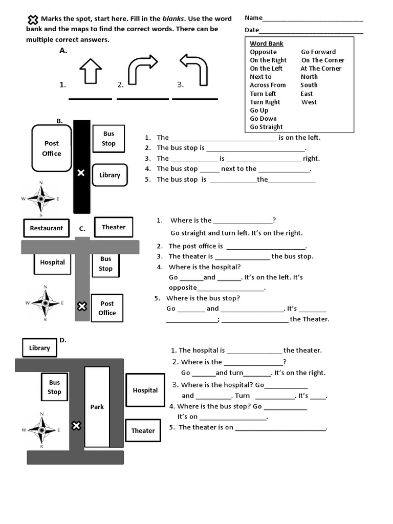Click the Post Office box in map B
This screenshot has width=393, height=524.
pyautogui.click(x=51, y=148)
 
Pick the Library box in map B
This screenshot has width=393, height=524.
pyautogui.click(x=110, y=176)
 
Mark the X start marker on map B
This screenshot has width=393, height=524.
pyautogui.click(x=81, y=173)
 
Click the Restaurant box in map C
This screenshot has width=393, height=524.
pyautogui.click(x=46, y=228)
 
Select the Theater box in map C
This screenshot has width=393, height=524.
pyautogui.click(x=114, y=227)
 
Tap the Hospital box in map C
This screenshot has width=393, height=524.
pyautogui.click(x=53, y=263)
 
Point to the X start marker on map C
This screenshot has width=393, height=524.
pyautogui.click(x=81, y=307)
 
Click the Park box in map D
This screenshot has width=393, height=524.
pyautogui.click(x=97, y=407)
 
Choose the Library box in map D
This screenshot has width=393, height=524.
pyautogui.click(x=39, y=348)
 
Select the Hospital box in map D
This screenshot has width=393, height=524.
pyautogui.click(x=145, y=390)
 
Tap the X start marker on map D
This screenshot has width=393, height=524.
pyautogui.click(x=76, y=426)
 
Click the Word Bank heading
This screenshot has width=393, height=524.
pyautogui.click(x=266, y=43)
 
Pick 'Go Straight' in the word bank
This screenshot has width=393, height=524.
pyautogui.click(x=266, y=127)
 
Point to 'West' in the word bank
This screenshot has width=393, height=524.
pyautogui.click(x=309, y=102)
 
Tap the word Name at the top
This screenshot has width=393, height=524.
pyautogui.click(x=253, y=18)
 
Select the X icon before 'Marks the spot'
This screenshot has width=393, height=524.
pyautogui.click(x=33, y=20)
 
